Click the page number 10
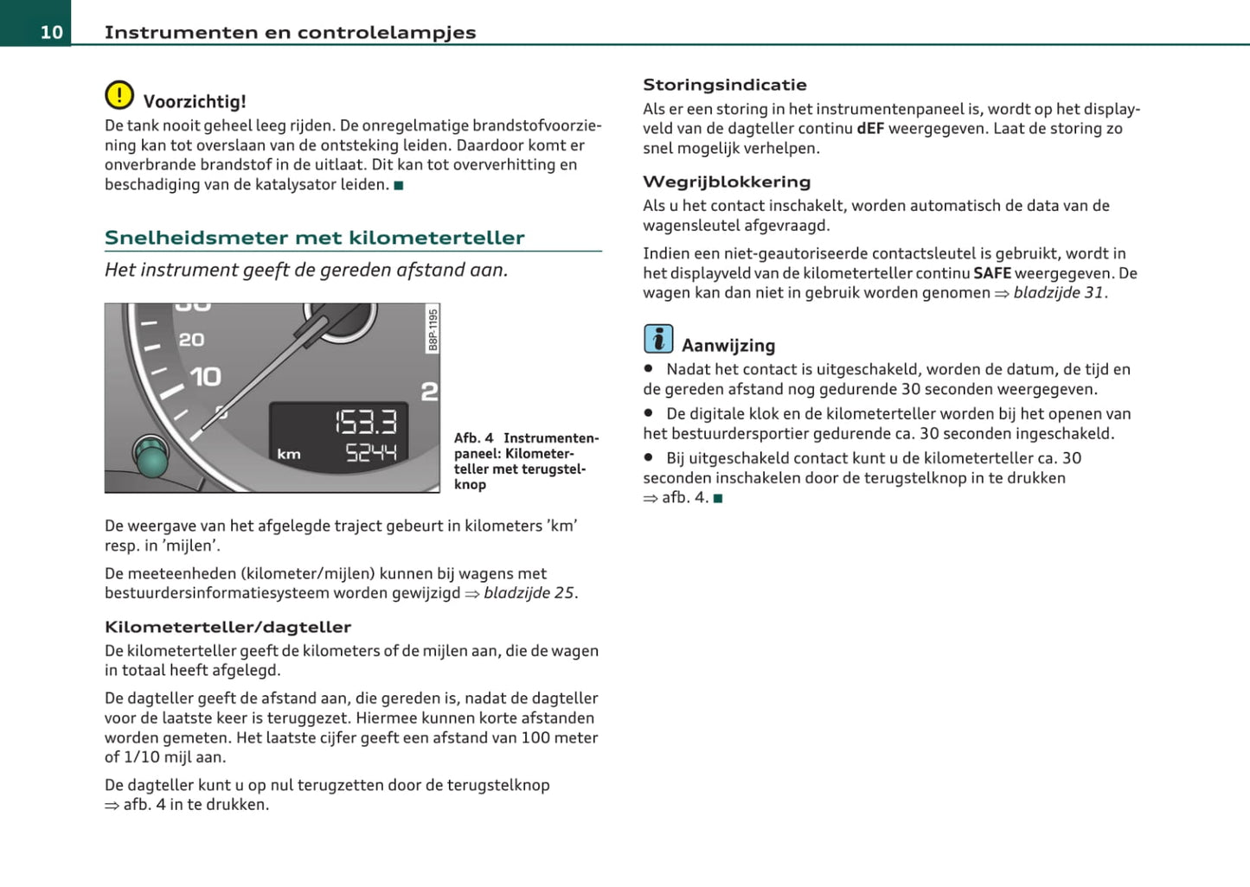[x=51, y=32]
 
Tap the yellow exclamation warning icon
[x=119, y=94]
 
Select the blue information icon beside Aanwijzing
[x=658, y=339]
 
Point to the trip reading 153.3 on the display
[x=366, y=422]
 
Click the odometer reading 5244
[x=371, y=452]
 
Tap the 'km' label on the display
[x=289, y=454]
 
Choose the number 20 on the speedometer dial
[x=191, y=340]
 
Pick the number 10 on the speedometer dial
[x=205, y=377]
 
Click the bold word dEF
[x=870, y=129]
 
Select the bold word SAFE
[x=991, y=273]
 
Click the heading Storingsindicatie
[x=724, y=85]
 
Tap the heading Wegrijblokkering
[x=727, y=182]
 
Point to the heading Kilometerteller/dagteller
[x=228, y=627]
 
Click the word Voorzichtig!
[x=195, y=101]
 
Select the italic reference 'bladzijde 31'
[x=1058, y=293]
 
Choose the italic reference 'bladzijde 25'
[x=529, y=593]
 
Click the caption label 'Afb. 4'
[x=473, y=438]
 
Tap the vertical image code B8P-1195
[x=433, y=330]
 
